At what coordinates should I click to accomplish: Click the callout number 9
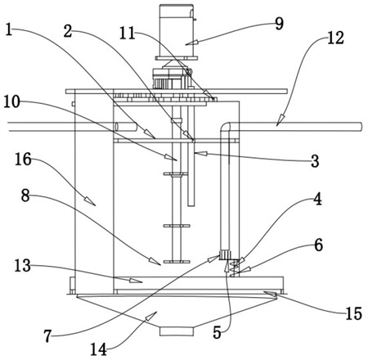click(x=279, y=24)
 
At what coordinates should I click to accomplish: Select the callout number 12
click(x=335, y=38)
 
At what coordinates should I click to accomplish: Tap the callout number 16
click(x=23, y=159)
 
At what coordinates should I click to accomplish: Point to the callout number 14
click(x=98, y=349)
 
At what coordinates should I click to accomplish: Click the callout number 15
click(x=354, y=313)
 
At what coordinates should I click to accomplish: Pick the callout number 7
click(x=47, y=336)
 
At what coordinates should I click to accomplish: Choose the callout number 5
click(x=217, y=332)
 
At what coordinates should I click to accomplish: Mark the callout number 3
click(x=315, y=160)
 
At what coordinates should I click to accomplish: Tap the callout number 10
click(x=12, y=102)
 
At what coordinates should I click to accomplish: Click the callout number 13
click(x=22, y=266)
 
